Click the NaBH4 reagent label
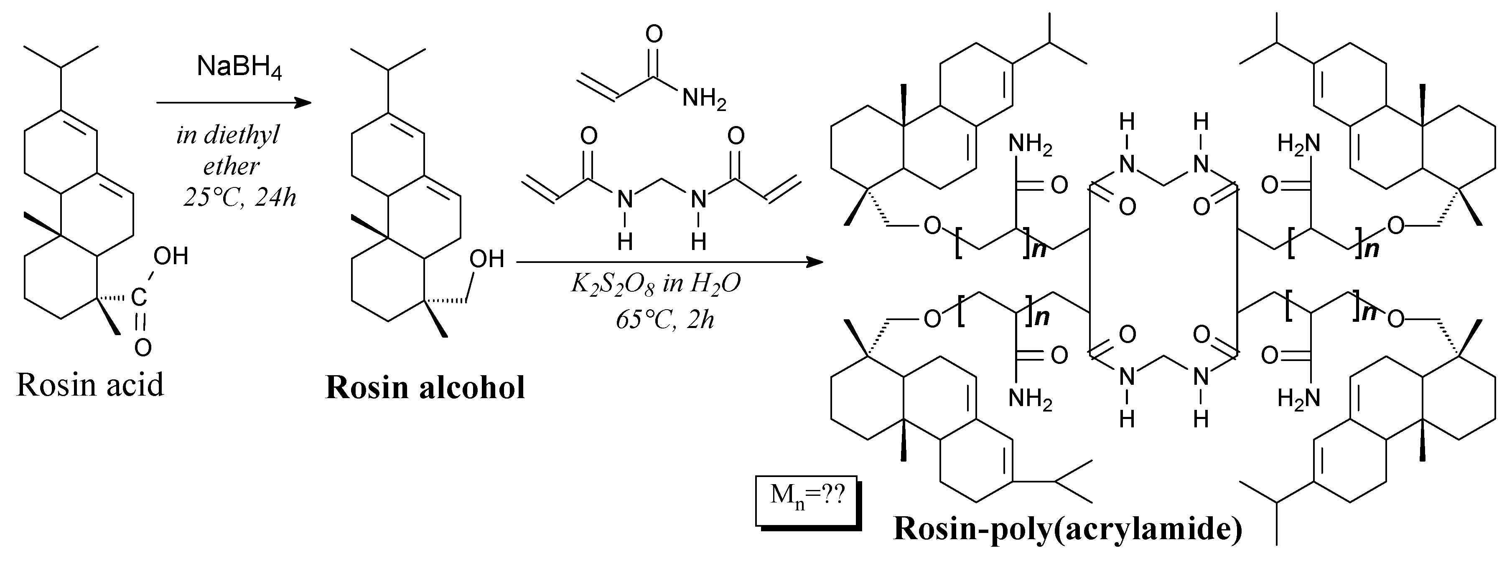pyautogui.click(x=239, y=68)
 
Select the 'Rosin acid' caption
pyautogui.click(x=90, y=385)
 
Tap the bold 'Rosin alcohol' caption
pyautogui.click(x=425, y=388)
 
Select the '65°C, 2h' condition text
pyautogui.click(x=664, y=320)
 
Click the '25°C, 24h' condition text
pyautogui.click(x=239, y=198)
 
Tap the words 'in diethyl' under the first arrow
pyautogui.click(x=228, y=136)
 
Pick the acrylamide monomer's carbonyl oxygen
pyautogui.click(x=654, y=34)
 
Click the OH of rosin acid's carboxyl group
pyautogui.click(x=170, y=256)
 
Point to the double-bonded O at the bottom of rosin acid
pyautogui.click(x=143, y=348)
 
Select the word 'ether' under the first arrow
pyautogui.click(x=231, y=167)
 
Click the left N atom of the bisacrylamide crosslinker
pyautogui.click(x=625, y=200)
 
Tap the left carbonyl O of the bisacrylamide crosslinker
pyautogui.click(x=589, y=136)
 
